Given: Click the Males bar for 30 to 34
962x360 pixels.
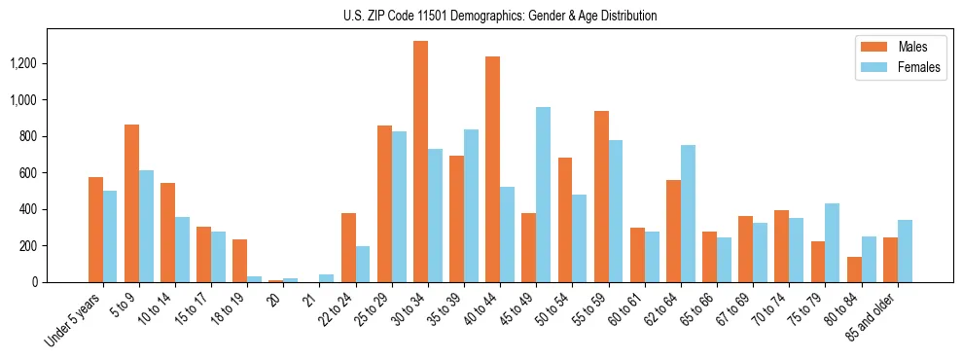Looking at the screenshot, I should click(x=420, y=162).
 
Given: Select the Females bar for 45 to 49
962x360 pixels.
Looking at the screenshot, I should click(x=543, y=195).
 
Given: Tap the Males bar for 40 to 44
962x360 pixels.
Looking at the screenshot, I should click(x=492, y=169).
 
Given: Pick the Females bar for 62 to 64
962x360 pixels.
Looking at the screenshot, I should click(x=688, y=213).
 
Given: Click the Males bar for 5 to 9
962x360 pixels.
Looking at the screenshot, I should click(x=131, y=203).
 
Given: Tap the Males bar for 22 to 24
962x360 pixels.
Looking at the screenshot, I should click(x=348, y=247).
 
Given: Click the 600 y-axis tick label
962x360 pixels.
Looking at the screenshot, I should click(x=55, y=173).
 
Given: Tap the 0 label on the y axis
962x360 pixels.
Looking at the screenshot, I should click(x=62, y=282).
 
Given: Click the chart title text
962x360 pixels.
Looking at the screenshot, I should click(x=500, y=16).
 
